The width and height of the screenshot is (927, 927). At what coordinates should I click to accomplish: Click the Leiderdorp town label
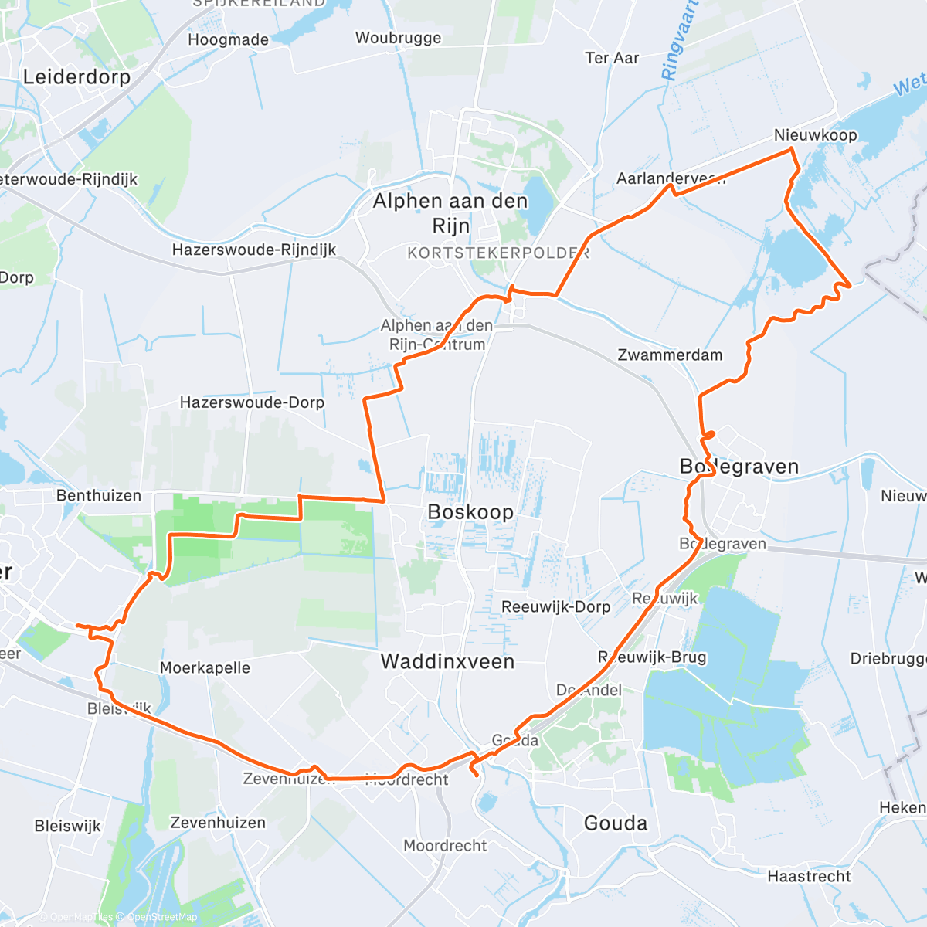(x=76, y=76)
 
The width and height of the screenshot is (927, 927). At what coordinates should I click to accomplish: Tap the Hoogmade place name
(x=229, y=39)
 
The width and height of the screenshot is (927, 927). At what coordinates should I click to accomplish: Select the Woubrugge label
(x=398, y=38)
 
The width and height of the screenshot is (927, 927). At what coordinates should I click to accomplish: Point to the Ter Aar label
(x=612, y=58)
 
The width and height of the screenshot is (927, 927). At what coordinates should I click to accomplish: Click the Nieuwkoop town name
(x=815, y=135)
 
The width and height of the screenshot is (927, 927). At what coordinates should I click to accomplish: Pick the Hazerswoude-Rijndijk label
(x=254, y=250)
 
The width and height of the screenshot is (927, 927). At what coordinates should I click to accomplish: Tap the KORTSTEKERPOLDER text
(x=498, y=253)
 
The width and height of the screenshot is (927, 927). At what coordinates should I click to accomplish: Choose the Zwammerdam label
(x=670, y=355)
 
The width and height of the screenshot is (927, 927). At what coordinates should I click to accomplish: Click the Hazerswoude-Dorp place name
(x=252, y=402)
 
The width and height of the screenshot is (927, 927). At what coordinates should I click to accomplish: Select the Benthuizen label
(x=99, y=495)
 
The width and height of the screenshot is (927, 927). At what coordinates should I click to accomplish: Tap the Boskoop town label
(x=470, y=512)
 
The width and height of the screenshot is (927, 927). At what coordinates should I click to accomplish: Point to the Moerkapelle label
(x=205, y=667)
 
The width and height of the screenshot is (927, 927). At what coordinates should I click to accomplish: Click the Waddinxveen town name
(x=447, y=661)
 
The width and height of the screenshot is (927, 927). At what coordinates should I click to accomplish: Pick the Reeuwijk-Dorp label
(x=555, y=606)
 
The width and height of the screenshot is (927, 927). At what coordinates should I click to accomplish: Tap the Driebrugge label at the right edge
(x=888, y=658)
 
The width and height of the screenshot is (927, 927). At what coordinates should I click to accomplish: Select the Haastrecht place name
(x=809, y=876)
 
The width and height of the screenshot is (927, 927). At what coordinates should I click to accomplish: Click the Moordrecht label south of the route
(x=445, y=846)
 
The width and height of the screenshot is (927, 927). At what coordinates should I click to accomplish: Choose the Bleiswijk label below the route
(x=68, y=826)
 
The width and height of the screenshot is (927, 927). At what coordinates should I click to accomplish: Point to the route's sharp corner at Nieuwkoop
(x=791, y=148)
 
